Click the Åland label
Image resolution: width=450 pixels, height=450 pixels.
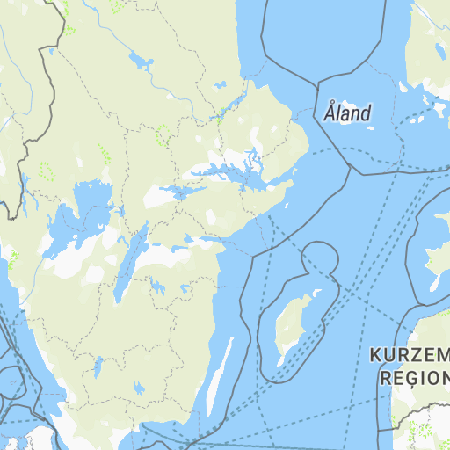click(x=347, y=112)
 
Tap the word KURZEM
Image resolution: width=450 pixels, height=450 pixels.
click(x=410, y=355)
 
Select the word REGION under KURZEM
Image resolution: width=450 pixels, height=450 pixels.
click(x=413, y=378)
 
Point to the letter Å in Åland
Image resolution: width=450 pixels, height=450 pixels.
click(x=329, y=112)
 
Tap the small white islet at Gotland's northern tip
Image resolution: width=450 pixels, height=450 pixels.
click(x=314, y=293)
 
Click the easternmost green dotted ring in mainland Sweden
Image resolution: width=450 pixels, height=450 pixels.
click(x=163, y=134)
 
